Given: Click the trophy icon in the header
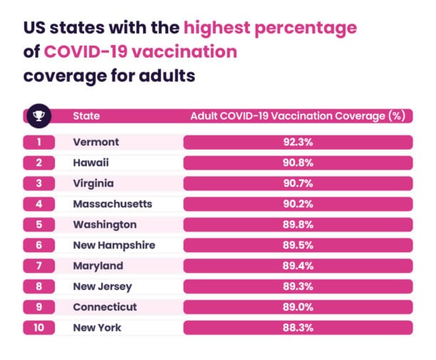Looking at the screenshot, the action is (39, 115).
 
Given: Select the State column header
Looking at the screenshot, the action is (86, 115).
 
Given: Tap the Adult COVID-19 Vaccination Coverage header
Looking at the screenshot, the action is (298, 116).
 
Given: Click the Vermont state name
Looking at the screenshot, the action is (96, 142).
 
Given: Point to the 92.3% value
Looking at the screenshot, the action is (298, 142).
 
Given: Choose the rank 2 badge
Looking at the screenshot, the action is (39, 163).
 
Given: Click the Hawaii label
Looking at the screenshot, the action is (90, 163).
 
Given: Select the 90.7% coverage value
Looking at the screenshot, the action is (298, 183).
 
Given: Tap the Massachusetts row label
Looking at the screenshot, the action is (113, 204).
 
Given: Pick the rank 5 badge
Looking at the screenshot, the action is (39, 225).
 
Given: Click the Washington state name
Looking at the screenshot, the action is (105, 225).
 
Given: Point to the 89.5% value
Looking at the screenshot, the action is (298, 245).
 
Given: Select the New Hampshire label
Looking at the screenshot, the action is (114, 245).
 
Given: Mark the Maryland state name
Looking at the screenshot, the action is (98, 266).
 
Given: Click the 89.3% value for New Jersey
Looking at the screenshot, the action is (298, 287).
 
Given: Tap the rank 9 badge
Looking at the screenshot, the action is (39, 307).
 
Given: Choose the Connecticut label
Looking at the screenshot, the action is (105, 307).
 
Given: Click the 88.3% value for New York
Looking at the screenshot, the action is (298, 327).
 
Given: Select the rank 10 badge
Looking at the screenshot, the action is (39, 327).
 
